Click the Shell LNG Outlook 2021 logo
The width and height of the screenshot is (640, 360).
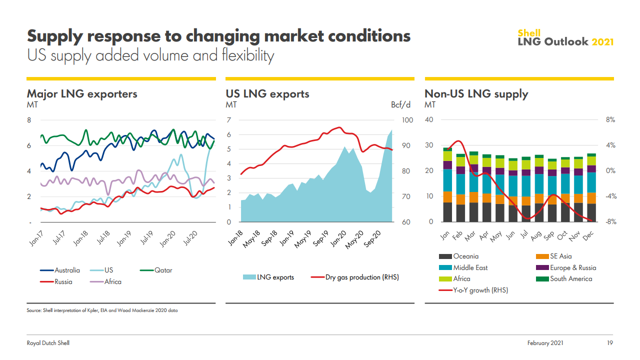coord(565,38)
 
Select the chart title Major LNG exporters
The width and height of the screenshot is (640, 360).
coord(82,94)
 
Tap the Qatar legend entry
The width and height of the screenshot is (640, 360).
coord(156,270)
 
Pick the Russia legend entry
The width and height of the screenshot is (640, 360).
coord(56,281)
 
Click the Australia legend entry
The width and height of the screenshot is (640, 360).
coord(60,270)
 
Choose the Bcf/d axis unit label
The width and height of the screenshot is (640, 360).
coord(401,105)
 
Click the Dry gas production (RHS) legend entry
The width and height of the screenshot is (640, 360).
coord(355,277)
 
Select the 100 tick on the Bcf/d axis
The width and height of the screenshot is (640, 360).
coord(407,120)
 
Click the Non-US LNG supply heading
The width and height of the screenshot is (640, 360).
coord(476,94)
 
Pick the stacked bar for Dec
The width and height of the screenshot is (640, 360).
coord(591,187)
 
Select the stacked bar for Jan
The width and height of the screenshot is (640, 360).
coord(447,184)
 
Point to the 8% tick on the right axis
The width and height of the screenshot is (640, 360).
coord(610,120)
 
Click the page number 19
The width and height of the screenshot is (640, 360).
coord(609,343)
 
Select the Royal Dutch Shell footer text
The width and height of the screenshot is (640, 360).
coord(48,343)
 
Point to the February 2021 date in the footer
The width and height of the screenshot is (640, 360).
coord(545,343)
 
